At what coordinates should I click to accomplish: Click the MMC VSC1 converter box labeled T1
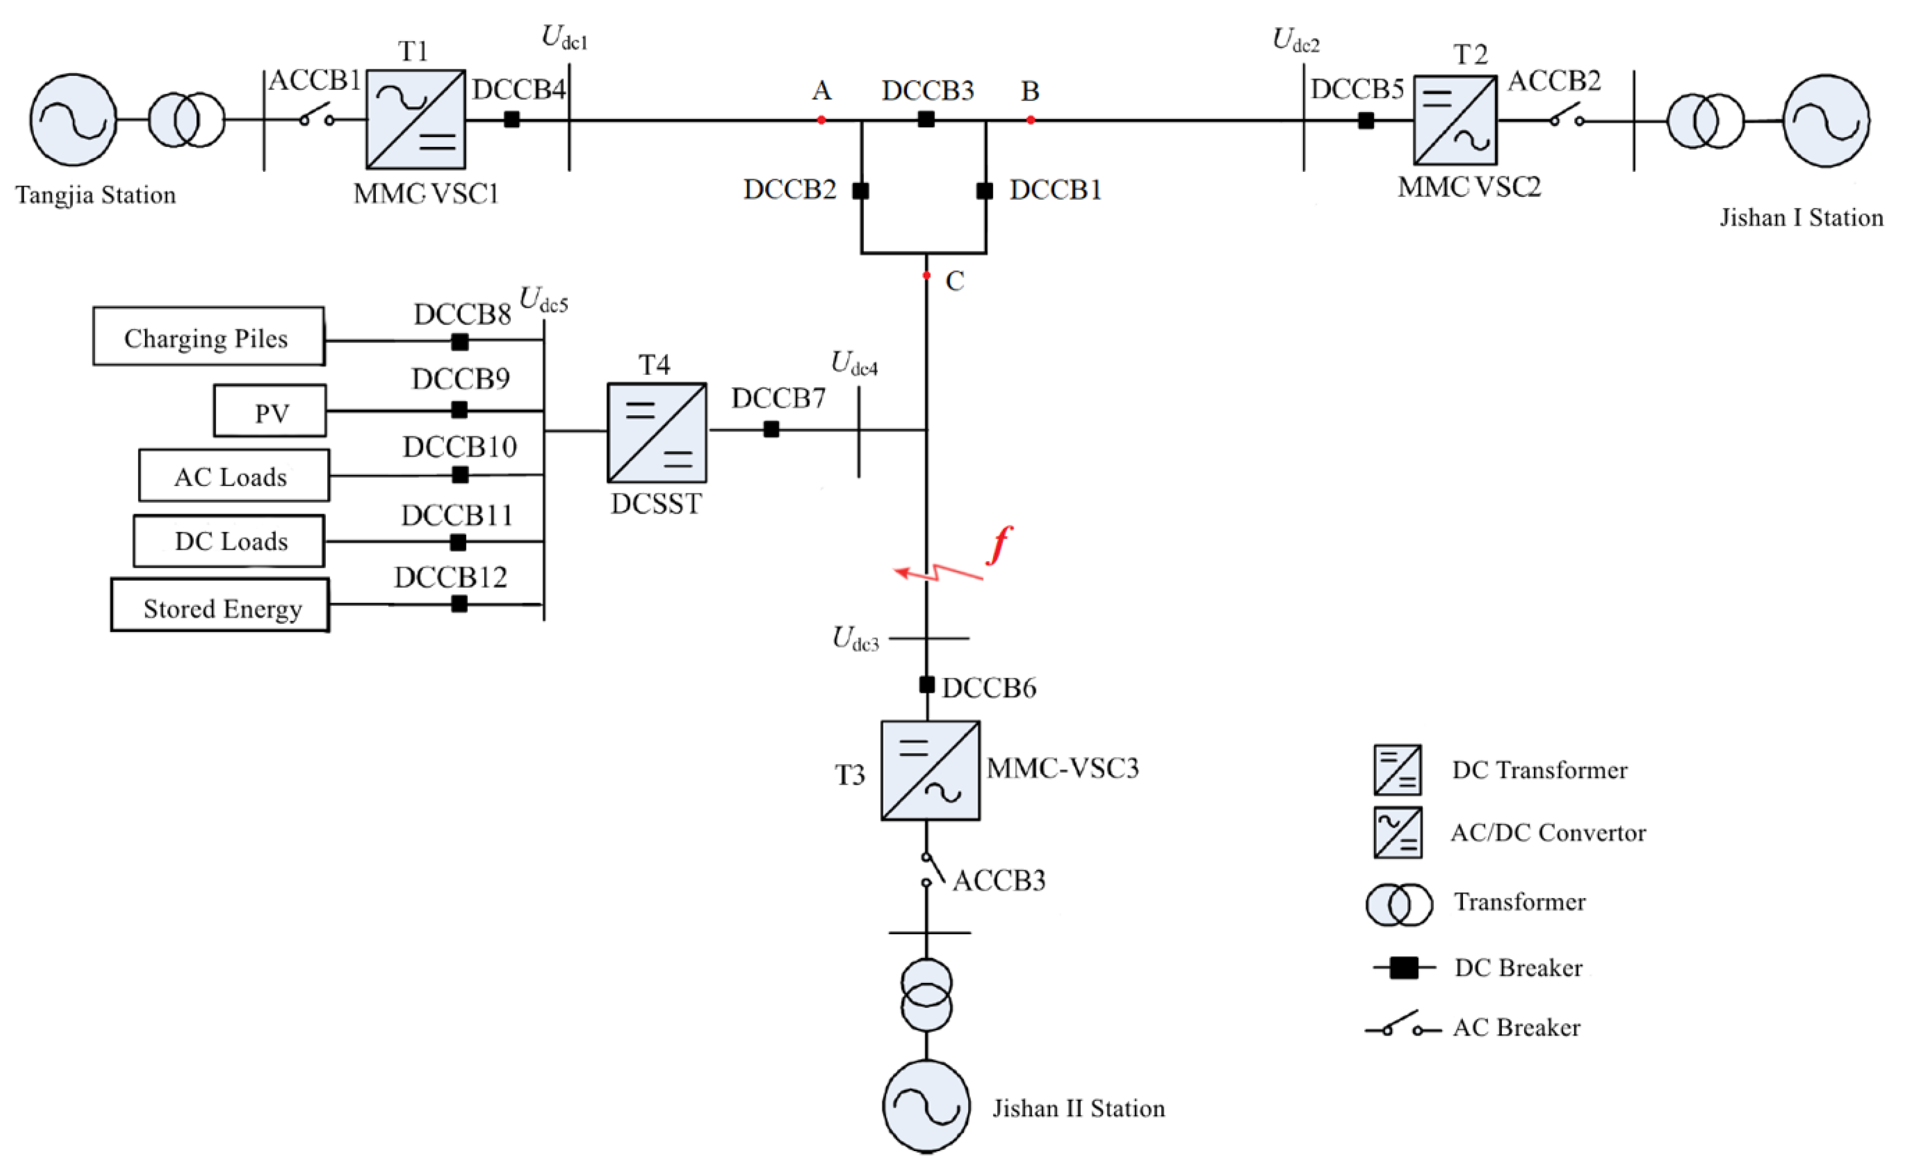coord(416,120)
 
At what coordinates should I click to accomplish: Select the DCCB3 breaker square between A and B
coord(926,120)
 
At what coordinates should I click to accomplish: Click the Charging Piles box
coord(208,337)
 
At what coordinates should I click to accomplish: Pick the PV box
coord(270,411)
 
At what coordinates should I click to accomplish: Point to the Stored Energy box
coord(220,605)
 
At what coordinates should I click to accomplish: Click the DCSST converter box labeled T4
coord(657,432)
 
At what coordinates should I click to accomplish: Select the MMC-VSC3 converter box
coord(930,770)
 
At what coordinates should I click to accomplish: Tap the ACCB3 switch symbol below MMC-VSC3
coord(931,869)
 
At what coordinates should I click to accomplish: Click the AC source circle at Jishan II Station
coord(926,1106)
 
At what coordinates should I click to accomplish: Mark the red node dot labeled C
coord(926,275)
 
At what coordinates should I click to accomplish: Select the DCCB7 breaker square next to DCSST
coord(771,429)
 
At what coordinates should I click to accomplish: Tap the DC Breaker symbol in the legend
coord(1403,967)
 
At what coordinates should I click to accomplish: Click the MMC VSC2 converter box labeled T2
coord(1455,120)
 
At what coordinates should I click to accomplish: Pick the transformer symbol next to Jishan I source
coord(1705,120)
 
